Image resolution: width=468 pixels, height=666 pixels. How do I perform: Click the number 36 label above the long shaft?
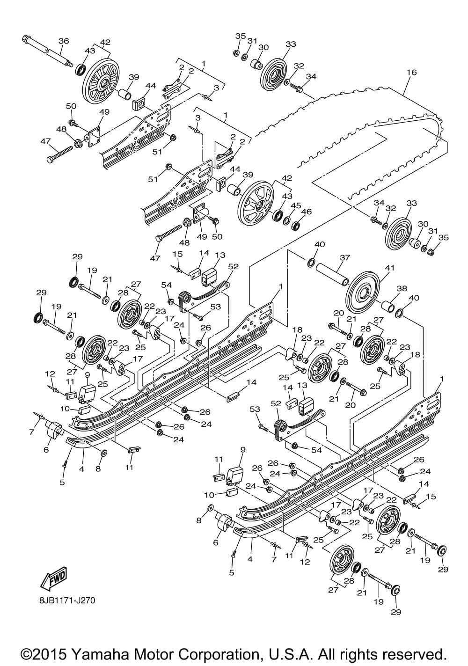(63, 41)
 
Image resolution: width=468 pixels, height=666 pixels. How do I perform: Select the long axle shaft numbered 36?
(48, 51)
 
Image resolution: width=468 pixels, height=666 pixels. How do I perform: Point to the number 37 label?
(345, 257)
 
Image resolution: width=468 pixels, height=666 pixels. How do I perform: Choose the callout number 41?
(389, 268)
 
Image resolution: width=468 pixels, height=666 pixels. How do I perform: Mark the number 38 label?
(402, 288)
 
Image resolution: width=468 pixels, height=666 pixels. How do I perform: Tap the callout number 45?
(296, 205)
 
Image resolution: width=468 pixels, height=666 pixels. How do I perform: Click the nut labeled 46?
(296, 225)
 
